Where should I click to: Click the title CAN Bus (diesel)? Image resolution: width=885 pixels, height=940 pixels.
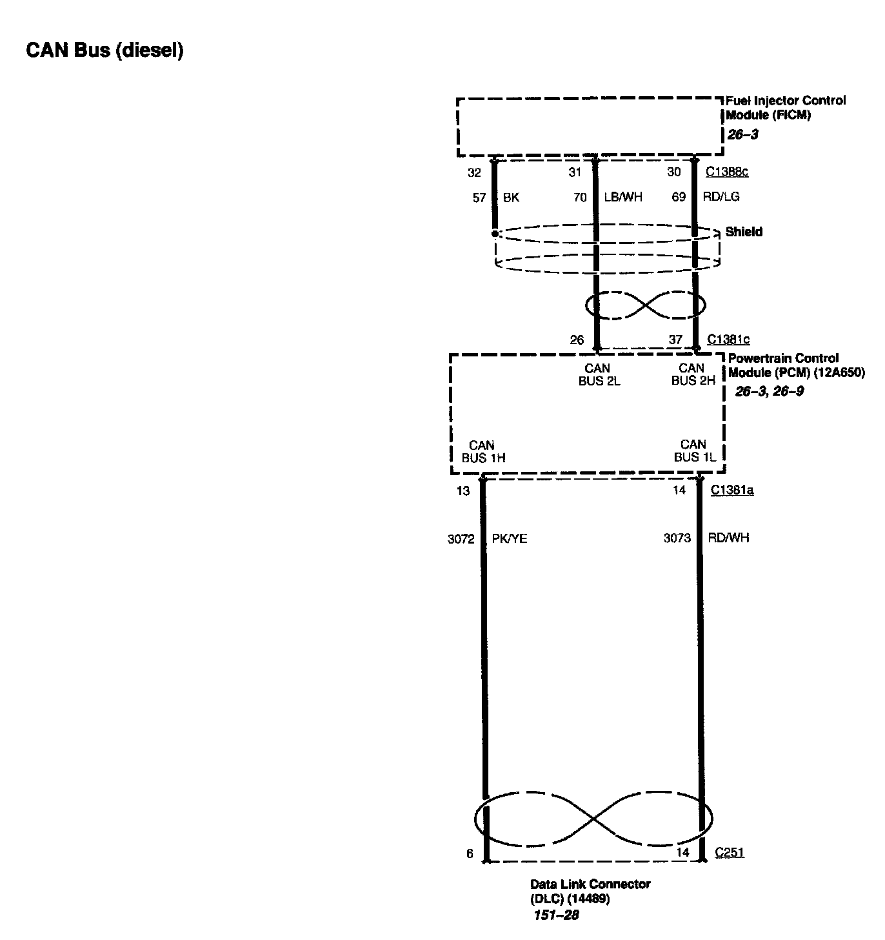[x=104, y=50]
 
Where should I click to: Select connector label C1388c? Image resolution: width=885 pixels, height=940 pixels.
[x=727, y=172]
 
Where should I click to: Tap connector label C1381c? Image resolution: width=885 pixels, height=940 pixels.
[x=728, y=340]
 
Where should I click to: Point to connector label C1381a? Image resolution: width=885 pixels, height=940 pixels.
[x=732, y=491]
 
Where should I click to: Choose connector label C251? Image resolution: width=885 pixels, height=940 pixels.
[x=730, y=853]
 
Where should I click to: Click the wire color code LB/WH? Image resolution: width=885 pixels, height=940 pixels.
[x=623, y=197]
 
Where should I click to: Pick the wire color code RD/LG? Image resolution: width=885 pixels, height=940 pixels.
[x=721, y=197]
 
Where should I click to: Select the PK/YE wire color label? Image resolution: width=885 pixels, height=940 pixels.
[x=510, y=538]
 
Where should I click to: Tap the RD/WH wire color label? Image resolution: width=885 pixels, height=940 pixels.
[x=728, y=538]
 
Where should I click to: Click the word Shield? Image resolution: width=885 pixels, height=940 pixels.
[x=744, y=232]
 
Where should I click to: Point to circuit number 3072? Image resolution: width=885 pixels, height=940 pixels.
[x=461, y=538]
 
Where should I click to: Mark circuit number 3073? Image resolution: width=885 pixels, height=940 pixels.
[x=677, y=538]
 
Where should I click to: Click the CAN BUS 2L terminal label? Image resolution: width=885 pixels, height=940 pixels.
[x=599, y=374]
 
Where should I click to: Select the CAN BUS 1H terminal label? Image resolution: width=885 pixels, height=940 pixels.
[x=483, y=451]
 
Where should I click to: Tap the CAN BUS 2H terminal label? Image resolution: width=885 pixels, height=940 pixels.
[x=693, y=374]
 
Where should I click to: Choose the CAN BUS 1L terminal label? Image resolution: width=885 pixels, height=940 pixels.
[x=695, y=451]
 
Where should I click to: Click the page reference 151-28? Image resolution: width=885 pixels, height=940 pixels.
[x=556, y=915]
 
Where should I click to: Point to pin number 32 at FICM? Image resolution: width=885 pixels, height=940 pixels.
[x=474, y=172]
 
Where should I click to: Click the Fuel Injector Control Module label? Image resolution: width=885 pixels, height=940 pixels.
[x=785, y=108]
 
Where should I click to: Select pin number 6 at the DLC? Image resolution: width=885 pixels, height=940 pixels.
[x=470, y=853]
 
